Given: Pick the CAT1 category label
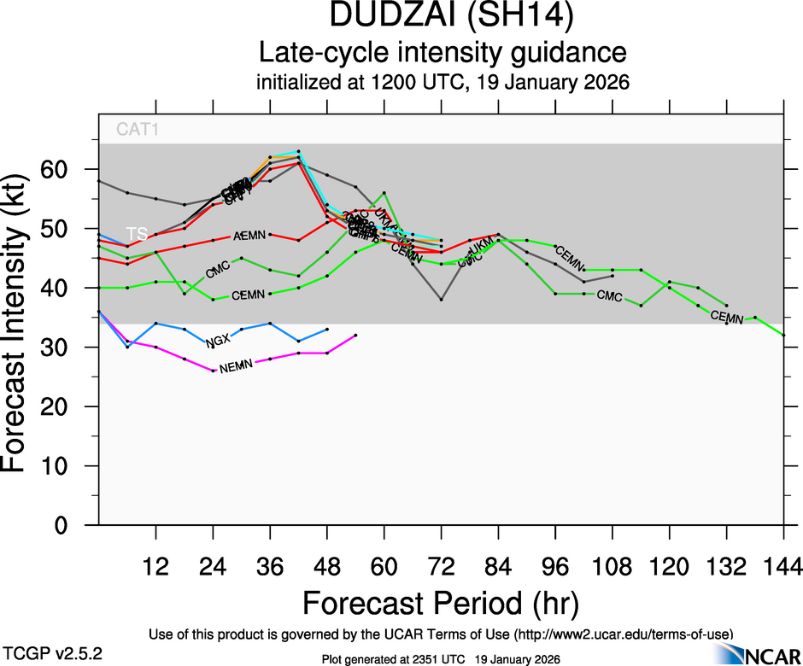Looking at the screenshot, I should pos(138,131).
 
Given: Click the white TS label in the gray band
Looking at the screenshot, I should pos(137,233).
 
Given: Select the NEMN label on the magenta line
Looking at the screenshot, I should pos(237,367).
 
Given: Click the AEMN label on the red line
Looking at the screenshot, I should pos(250,234).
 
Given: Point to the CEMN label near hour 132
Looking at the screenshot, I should pos(727,318).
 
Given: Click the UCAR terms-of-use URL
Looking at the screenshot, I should pos(624,634).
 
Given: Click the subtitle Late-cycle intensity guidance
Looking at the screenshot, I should pos(442,53).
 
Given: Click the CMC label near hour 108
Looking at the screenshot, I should pos(609,296).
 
